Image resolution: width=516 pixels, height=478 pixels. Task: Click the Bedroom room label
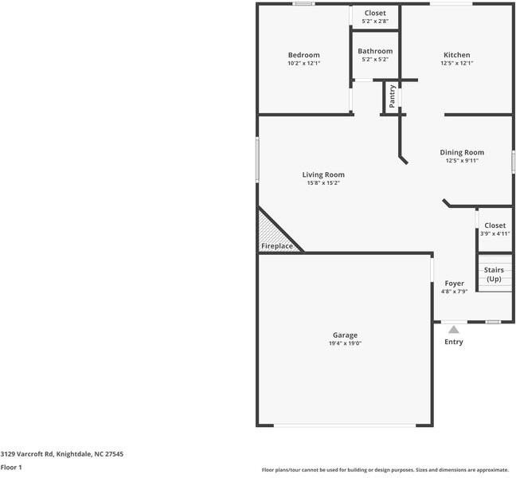tap(303, 54)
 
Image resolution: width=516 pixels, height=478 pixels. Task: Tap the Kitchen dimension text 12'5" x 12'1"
tap(456, 63)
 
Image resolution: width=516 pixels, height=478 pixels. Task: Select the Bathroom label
tap(375, 51)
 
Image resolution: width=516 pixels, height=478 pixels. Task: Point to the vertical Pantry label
tap(392, 97)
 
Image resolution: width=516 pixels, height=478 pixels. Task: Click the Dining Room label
tap(462, 152)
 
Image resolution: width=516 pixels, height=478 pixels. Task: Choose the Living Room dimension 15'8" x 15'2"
tap(323, 182)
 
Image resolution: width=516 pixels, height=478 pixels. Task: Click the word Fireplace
tap(278, 246)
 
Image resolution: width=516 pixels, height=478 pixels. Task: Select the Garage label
tap(345, 335)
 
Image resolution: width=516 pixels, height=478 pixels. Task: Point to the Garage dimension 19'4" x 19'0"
tap(345, 343)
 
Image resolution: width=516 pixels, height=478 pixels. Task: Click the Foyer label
tap(454, 283)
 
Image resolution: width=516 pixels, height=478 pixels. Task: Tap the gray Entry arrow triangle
tap(453, 328)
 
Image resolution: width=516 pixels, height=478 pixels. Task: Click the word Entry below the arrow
tap(453, 342)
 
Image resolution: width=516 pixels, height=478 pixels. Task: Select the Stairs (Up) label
tap(494, 275)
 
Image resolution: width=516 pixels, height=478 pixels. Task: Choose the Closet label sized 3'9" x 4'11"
tap(494, 225)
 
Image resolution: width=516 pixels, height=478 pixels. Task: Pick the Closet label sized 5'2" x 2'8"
tap(375, 14)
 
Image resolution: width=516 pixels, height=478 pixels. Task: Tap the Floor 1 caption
tap(11, 467)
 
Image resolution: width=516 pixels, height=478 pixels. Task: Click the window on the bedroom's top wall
tap(303, 4)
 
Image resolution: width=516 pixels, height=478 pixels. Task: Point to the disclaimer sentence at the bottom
tap(385, 469)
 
